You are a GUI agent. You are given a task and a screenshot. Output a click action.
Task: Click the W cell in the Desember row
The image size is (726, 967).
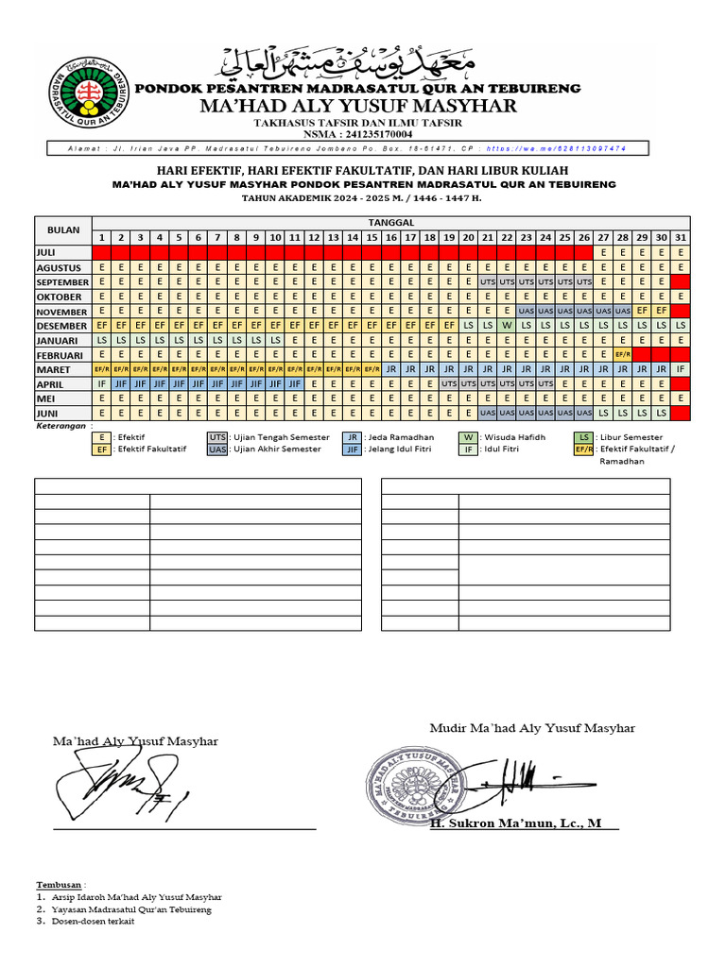[x=507, y=325]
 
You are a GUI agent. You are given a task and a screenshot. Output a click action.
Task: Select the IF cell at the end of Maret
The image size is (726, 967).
[x=680, y=369]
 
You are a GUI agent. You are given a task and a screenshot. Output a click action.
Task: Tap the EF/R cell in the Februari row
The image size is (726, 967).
[x=622, y=354]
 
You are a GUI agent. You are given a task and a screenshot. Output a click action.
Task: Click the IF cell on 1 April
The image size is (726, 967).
[x=101, y=384]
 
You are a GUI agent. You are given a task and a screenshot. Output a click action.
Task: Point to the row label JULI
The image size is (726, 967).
[x=47, y=252]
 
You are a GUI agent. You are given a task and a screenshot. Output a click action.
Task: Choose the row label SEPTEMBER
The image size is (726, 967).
[x=62, y=282]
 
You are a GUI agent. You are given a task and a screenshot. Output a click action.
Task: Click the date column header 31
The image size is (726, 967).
[x=680, y=236]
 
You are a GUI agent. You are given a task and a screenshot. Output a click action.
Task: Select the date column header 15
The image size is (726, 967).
[x=372, y=236]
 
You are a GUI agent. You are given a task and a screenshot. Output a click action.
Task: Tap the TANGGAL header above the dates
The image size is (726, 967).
[x=390, y=221]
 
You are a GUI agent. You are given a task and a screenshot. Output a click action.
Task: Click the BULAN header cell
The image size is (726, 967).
[x=62, y=229]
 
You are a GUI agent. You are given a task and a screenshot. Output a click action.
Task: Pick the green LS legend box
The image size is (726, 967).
[x=584, y=437]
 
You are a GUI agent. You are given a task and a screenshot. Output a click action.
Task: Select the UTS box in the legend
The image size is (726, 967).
[x=218, y=437]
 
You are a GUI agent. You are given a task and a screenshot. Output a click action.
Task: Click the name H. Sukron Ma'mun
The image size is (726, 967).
[x=515, y=823]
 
